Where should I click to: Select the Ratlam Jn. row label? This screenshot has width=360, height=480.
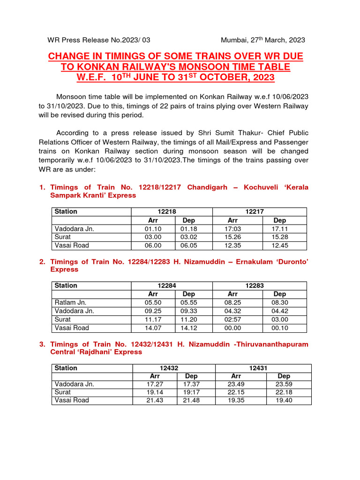click(x=71, y=302)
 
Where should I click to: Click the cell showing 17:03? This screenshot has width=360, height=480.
click(x=232, y=229)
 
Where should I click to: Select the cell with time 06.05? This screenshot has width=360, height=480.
click(x=189, y=245)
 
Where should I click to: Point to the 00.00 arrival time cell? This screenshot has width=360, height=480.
click(x=232, y=328)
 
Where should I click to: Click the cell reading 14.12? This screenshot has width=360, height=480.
click(x=189, y=328)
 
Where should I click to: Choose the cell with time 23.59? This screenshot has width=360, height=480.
click(x=284, y=384)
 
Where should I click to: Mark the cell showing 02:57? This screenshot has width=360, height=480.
click(x=232, y=319)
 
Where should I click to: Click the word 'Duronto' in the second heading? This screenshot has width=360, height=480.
click(x=289, y=262)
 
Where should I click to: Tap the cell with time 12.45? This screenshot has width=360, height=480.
click(x=279, y=245)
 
